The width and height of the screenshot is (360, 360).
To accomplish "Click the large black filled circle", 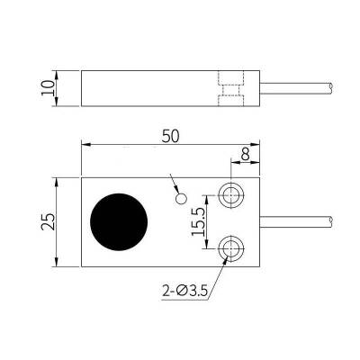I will click(121, 221).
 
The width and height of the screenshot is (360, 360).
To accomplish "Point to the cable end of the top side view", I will click(335, 87).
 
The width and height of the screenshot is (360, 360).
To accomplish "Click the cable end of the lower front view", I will click(335, 220).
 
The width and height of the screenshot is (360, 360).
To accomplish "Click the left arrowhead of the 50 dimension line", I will click(85, 144).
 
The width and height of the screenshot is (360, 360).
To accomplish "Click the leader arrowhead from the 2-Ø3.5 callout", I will click(223, 256).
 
